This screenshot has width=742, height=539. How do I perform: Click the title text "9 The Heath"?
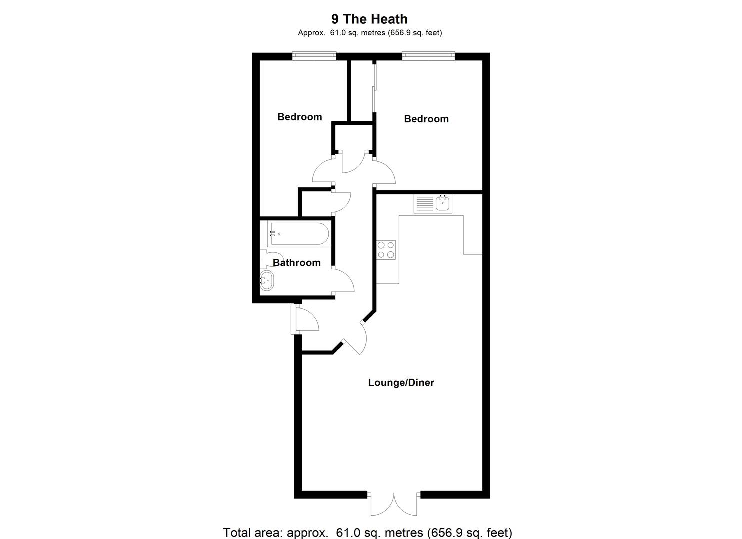point(369,19)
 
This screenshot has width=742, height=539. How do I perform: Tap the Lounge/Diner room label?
point(401,383)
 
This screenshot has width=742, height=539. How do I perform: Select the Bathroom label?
point(296,263)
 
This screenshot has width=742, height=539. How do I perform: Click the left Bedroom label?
point(299,117)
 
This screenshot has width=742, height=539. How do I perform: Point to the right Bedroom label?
point(426,119)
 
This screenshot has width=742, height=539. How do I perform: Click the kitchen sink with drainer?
point(433,203)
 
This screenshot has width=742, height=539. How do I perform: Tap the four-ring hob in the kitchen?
point(386,249)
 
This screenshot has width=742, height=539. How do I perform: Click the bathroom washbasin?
point(267,281)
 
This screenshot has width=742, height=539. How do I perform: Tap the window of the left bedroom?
point(314,56)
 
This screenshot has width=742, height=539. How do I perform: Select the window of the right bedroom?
point(428,56)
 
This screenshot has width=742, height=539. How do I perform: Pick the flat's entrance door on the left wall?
point(305,319)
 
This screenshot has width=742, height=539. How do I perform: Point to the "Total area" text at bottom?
point(367,532)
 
